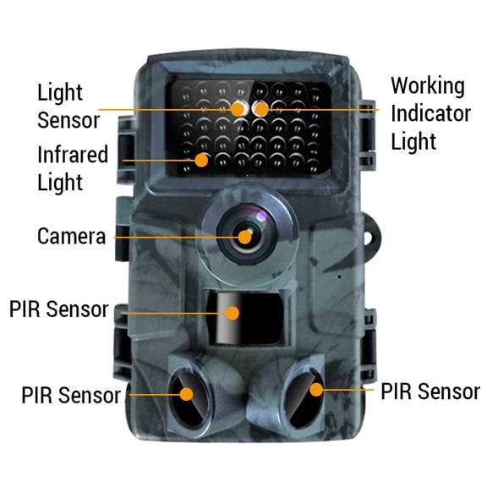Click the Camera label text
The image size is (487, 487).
pos(72,236)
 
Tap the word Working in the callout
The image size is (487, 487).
pos(427,86)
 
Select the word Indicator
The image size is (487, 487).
pos(430,113)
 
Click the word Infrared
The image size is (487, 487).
pos(73,155)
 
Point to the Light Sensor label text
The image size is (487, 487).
pos(68,104)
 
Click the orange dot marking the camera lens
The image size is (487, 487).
pos(245,237)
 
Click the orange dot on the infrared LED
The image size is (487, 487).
pos(201,158)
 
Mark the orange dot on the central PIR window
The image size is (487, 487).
pos(231,312)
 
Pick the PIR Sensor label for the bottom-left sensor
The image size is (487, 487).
pos(71,395)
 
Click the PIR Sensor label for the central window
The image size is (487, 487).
pos(58,309)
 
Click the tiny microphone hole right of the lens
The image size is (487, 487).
pos(337,275)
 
